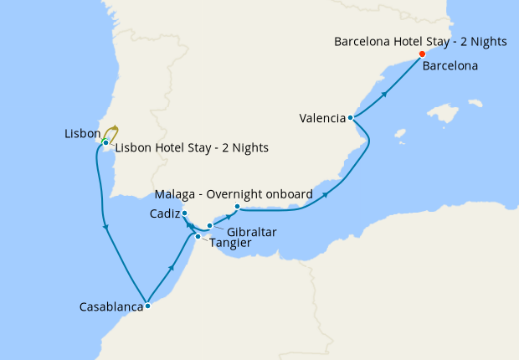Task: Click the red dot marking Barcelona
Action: [x=422, y=55]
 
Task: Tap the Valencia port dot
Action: [x=350, y=118]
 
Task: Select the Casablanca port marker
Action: [x=147, y=306]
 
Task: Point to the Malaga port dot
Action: [x=238, y=207]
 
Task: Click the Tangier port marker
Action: [x=198, y=237]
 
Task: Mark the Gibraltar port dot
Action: [x=210, y=226]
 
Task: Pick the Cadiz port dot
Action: [x=184, y=213]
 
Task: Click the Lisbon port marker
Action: [x=105, y=143]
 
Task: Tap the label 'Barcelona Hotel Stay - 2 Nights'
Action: [x=419, y=41]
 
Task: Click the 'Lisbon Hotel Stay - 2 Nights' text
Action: [x=191, y=148]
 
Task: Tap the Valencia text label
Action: [x=322, y=118]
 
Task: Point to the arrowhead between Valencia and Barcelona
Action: [x=384, y=93]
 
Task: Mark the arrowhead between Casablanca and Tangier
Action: [x=172, y=267]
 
